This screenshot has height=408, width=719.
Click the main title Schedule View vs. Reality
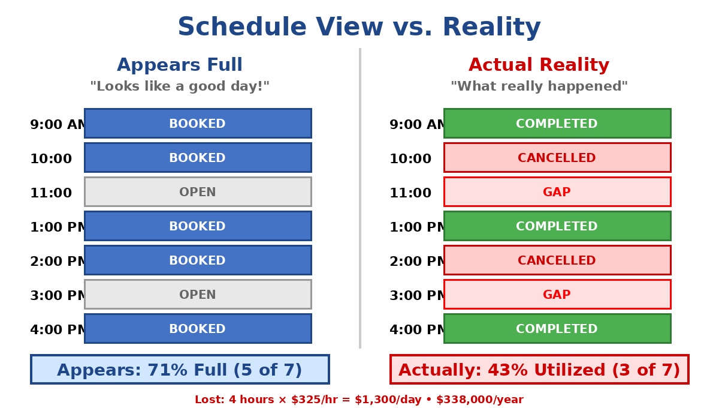(359, 28)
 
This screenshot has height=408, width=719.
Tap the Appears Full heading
(180, 65)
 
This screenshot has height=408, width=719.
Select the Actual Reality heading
(539, 65)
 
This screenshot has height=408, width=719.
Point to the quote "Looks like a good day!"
(180, 86)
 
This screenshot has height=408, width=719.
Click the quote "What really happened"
(539, 86)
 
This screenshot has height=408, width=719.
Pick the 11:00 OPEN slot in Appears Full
(198, 192)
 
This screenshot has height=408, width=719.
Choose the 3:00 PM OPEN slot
(198, 295)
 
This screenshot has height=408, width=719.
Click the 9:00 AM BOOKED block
(198, 124)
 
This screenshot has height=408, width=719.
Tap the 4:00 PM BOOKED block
(198, 329)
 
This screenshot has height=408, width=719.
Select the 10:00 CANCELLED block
(557, 158)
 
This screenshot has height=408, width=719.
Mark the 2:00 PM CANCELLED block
(557, 260)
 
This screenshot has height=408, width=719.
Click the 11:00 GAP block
(557, 192)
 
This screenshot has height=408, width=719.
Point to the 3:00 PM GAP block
(557, 295)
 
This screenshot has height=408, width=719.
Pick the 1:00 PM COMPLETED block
(557, 226)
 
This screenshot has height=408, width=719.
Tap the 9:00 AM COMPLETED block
(557, 124)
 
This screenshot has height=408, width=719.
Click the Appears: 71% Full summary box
(180, 370)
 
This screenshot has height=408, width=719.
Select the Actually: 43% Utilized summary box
(539, 370)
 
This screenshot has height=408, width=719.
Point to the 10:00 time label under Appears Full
(51, 159)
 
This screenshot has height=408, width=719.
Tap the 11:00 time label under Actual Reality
(410, 193)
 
